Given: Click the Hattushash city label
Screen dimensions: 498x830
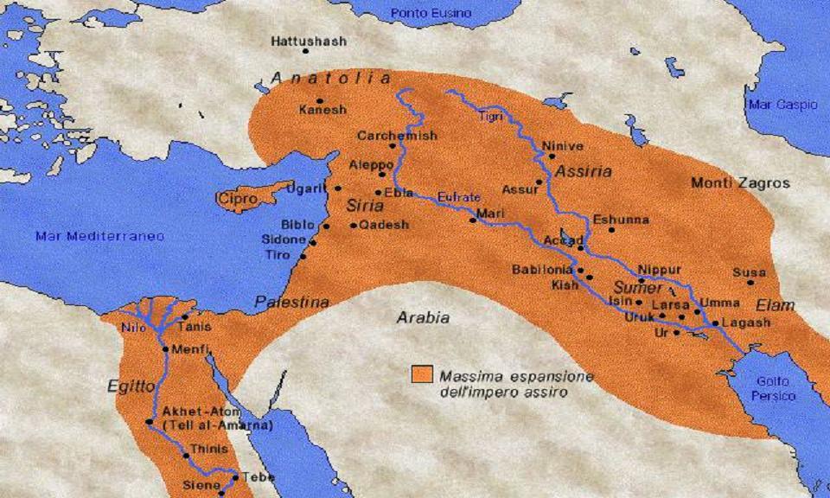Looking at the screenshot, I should (309, 41).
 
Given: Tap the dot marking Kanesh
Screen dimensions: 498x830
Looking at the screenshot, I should (320, 100).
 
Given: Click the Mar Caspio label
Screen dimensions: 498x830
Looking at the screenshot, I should (782, 105).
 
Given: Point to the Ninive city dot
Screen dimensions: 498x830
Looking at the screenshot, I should (552, 156).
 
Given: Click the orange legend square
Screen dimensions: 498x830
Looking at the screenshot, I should (422, 374).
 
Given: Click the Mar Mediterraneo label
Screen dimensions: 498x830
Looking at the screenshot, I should (99, 236).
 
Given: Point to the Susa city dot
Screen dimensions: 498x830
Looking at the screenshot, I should (750, 283).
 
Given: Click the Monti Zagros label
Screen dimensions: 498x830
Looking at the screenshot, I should (740, 183).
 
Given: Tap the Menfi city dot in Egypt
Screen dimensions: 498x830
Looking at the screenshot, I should (164, 349).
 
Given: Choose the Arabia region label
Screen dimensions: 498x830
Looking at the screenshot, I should (423, 317).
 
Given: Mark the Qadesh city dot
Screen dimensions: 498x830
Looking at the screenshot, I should (354, 226).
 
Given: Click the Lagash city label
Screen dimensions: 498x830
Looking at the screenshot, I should (745, 322).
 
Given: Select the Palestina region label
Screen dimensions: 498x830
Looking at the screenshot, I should (291, 302).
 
